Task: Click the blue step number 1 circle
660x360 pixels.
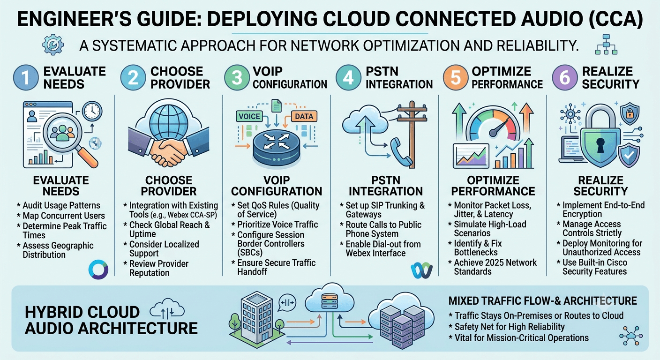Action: coord(26,78)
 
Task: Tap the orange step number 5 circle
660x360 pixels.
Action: coord(456,78)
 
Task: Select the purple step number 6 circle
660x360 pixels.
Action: coord(565,78)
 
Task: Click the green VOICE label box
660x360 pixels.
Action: coord(249,116)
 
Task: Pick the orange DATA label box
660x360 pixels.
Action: coord(304,116)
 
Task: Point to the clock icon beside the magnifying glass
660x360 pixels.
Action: coord(92,112)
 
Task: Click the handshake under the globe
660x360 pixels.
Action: coord(169,147)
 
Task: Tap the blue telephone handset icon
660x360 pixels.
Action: coord(401,153)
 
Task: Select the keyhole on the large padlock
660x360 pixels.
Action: coord(600,144)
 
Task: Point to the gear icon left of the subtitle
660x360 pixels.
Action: coord(53,45)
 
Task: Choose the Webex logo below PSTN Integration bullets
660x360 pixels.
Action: coord(421,270)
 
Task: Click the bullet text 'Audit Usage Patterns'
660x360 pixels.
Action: coord(61,205)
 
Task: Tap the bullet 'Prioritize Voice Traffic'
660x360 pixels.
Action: coord(277,225)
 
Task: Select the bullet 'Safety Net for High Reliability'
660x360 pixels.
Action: coord(510,327)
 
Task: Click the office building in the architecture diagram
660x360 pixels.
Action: coord(257,317)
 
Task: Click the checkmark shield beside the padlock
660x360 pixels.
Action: coord(629,155)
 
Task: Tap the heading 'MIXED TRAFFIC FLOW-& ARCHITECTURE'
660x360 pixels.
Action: coord(542,301)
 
